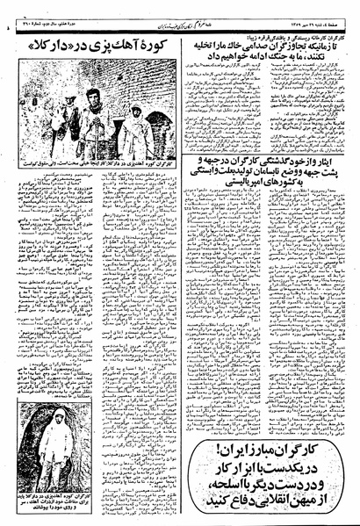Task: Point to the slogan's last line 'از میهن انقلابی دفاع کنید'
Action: point(267,482)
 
